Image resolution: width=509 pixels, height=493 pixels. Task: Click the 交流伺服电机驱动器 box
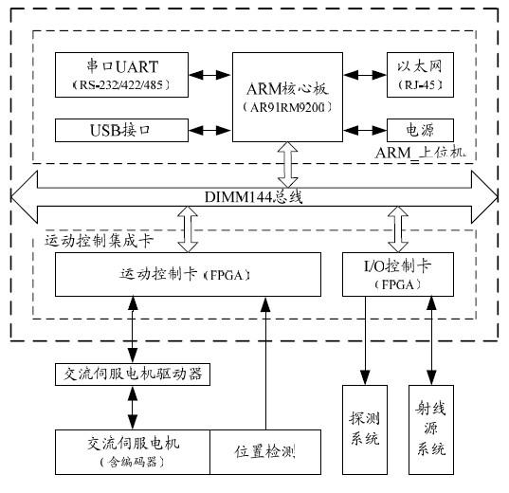132,374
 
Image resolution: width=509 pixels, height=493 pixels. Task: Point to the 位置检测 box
264,452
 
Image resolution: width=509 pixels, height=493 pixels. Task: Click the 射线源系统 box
430,429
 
